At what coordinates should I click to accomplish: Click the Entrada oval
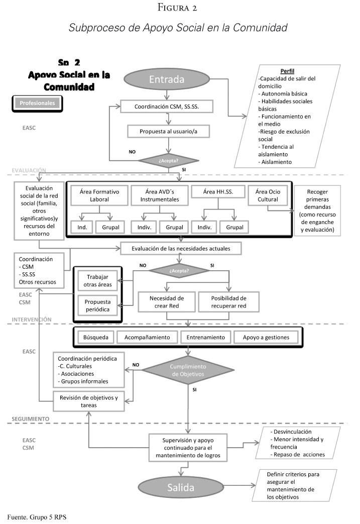(172, 80)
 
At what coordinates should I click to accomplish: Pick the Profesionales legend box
(37, 103)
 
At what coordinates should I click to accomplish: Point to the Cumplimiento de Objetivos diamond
(188, 371)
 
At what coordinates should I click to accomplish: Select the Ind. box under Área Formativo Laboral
(81, 227)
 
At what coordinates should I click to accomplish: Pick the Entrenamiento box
(205, 337)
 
